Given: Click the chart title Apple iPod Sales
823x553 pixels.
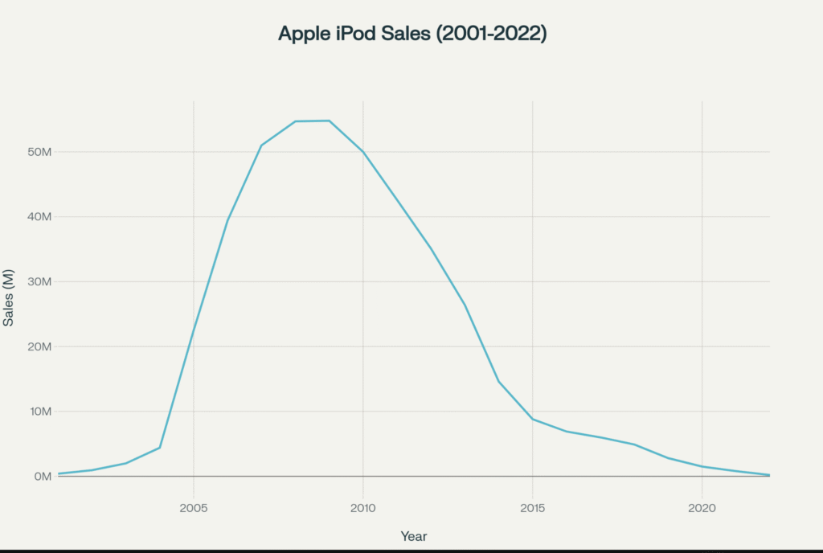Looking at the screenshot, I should click(x=411, y=34).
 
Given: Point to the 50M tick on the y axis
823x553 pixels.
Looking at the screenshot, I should click(x=38, y=152).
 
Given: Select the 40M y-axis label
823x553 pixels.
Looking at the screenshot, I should click(x=38, y=217).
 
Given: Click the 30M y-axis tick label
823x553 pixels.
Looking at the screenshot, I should click(x=38, y=282).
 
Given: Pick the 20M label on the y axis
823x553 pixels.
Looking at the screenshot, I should click(x=38, y=346).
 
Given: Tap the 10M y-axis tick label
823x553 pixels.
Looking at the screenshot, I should click(x=38, y=412).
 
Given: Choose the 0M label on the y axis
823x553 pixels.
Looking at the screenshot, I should click(x=41, y=477).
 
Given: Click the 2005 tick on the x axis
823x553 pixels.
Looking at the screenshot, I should click(x=194, y=508).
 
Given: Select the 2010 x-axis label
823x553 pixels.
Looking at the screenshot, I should click(x=363, y=508).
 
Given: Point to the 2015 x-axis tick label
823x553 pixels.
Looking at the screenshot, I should click(x=533, y=508).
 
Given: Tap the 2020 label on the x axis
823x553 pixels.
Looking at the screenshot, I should click(x=702, y=508).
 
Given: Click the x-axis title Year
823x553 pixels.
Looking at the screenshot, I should click(x=414, y=535).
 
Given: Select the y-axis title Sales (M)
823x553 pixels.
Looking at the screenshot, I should click(x=9, y=297).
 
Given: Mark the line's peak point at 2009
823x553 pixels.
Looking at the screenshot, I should click(x=330, y=121).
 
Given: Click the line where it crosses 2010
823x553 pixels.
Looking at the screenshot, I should click(x=363, y=152).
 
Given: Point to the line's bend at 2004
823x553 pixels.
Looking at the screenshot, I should click(x=160, y=448).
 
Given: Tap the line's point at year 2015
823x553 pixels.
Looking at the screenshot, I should click(x=533, y=420).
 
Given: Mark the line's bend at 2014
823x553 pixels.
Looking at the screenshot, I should click(x=499, y=381).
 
